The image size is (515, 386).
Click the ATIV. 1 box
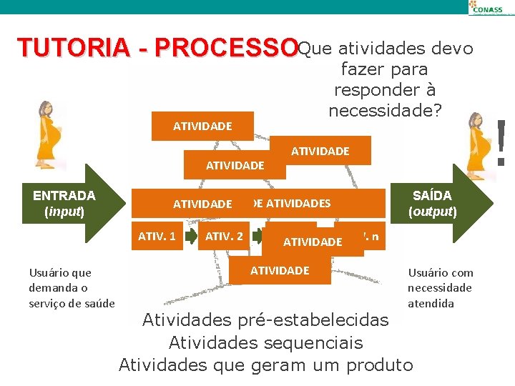tap(157, 235)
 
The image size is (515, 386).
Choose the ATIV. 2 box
tap(224, 235)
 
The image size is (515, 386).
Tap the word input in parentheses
tap(64, 212)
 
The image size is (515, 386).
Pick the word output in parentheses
tap(432, 212)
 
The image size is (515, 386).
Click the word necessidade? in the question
tap(385, 110)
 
